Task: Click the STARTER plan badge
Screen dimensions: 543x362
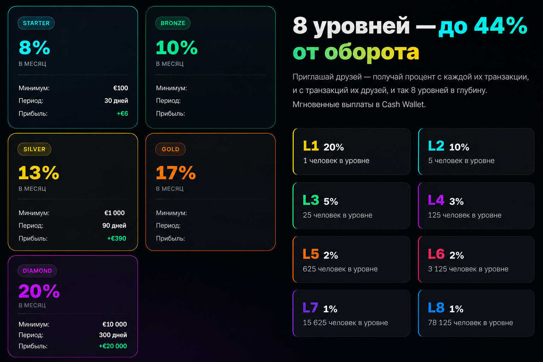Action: pyautogui.click(x=36, y=23)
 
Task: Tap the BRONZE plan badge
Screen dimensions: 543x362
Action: pyautogui.click(x=173, y=23)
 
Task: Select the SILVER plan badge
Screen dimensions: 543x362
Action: pyautogui.click(x=34, y=149)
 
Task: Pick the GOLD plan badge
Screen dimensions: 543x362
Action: pyautogui.click(x=170, y=149)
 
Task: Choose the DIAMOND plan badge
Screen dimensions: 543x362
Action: pyautogui.click(x=37, y=270)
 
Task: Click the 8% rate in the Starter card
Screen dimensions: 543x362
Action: pyautogui.click(x=34, y=47)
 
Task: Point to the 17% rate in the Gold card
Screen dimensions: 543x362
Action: pyautogui.click(x=176, y=173)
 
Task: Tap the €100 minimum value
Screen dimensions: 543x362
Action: pyautogui.click(x=121, y=88)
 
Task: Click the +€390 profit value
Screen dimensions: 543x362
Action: pyautogui.click(x=117, y=238)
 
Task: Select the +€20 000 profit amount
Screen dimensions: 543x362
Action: pyautogui.click(x=113, y=346)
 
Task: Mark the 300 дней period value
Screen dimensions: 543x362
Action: pyautogui.click(x=113, y=335)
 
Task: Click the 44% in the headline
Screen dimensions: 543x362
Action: pyautogui.click(x=501, y=25)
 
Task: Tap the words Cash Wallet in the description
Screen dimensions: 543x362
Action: pyautogui.click(x=403, y=104)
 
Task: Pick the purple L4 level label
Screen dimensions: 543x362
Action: pyautogui.click(x=436, y=200)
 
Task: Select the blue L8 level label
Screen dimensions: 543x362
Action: pyautogui.click(x=436, y=308)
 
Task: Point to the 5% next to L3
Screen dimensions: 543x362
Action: pyautogui.click(x=331, y=201)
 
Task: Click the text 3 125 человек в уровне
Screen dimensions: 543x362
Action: pyautogui.click(x=468, y=269)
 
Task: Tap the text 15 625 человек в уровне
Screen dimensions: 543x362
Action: pyautogui.click(x=345, y=323)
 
